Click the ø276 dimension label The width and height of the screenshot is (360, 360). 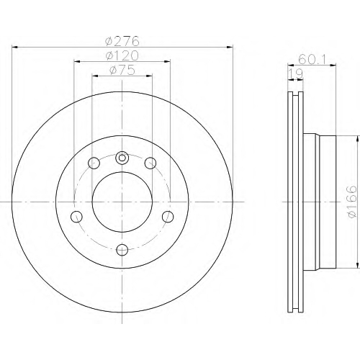[x=122, y=41]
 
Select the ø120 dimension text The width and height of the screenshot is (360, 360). [x=122, y=55]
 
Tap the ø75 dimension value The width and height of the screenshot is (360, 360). [x=122, y=70]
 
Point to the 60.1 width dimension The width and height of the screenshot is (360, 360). [x=312, y=59]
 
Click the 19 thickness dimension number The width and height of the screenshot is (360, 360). [x=295, y=73]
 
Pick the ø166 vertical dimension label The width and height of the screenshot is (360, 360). [x=352, y=202]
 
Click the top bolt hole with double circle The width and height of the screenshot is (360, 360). [x=122, y=158]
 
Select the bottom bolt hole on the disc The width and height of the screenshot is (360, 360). [x=122, y=250]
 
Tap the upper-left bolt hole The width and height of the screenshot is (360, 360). [x=94, y=163]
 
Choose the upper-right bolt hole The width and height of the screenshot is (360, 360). [x=150, y=163]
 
